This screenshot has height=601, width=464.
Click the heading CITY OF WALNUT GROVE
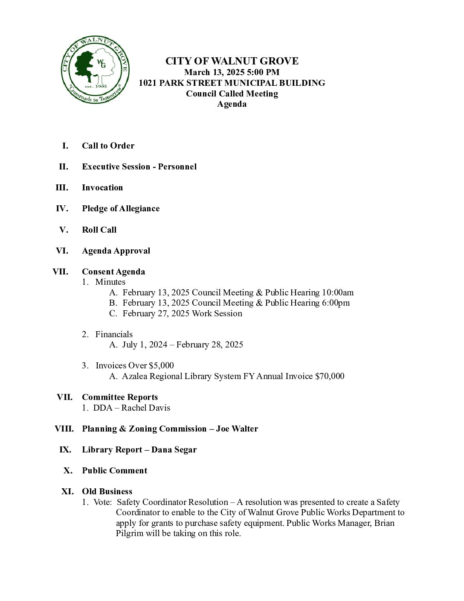(x=232, y=61)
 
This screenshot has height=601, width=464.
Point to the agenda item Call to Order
(x=108, y=146)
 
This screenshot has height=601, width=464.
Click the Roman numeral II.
(x=64, y=166)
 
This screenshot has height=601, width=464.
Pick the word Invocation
(x=102, y=187)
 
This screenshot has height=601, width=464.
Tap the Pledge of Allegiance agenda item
(x=121, y=208)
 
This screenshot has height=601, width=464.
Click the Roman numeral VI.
(x=62, y=251)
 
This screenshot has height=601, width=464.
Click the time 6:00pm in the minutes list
(x=335, y=303)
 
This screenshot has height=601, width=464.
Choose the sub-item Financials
(x=114, y=334)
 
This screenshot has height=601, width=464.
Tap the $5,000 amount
(x=161, y=365)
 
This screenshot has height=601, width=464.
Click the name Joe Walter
(x=237, y=429)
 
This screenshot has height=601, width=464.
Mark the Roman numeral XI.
(x=67, y=491)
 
